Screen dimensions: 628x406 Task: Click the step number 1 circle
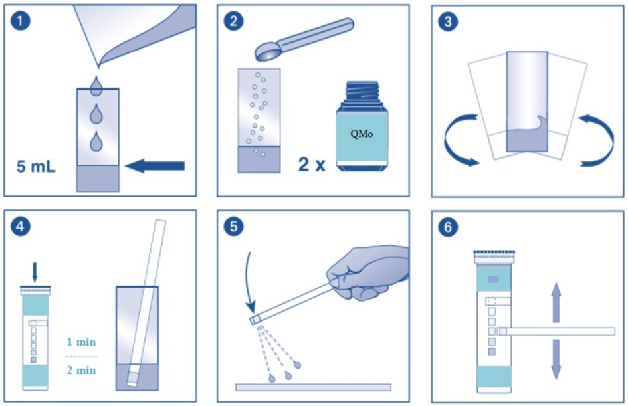[x=20, y=21]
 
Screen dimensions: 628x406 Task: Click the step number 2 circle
[x=233, y=21]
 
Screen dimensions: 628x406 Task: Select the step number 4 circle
[x=20, y=227]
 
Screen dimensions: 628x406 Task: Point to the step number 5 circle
[x=233, y=227]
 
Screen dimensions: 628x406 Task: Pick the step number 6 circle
[x=448, y=227]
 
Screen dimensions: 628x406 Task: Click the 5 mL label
[x=36, y=167]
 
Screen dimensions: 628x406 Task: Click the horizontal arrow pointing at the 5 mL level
[x=155, y=165]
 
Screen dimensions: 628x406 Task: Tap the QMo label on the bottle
[x=362, y=134]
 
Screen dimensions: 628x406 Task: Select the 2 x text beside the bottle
[x=312, y=164]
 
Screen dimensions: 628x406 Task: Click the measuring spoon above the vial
[x=304, y=39]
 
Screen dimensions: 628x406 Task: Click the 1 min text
[x=81, y=342]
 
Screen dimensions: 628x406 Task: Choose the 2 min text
[x=81, y=370]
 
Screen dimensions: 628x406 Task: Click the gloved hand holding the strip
[x=366, y=272]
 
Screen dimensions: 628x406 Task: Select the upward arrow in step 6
[x=556, y=302]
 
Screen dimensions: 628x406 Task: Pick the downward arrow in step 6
[x=556, y=359]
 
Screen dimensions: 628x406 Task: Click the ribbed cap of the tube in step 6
[x=494, y=257]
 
